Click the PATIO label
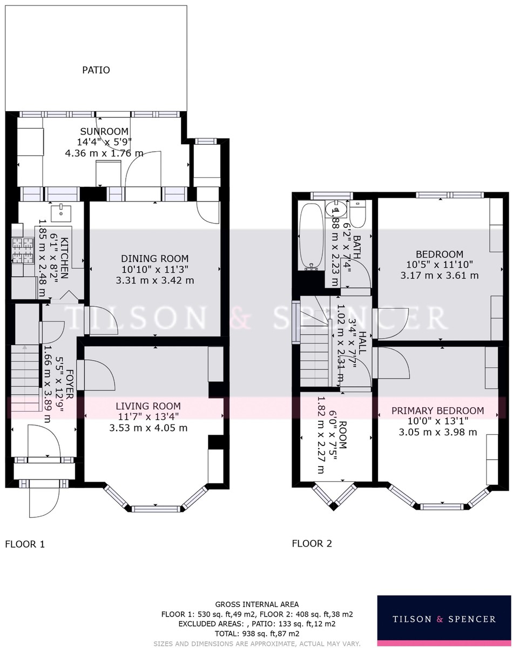pos(96,70)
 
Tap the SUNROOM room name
pos(104,131)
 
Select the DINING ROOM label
pos(155,258)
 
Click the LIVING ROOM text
pos(148,406)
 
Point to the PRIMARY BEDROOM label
pos(438,410)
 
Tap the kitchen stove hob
pos(23,249)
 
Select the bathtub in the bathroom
pos(310,237)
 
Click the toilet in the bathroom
pos(357,214)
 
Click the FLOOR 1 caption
pos(25,544)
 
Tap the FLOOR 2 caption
pos(312,544)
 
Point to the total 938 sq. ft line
pos(257,633)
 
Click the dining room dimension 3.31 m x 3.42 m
pos(155,280)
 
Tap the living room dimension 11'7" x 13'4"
pos(148,417)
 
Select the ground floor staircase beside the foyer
pos(26,378)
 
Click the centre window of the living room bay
pos(156,509)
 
